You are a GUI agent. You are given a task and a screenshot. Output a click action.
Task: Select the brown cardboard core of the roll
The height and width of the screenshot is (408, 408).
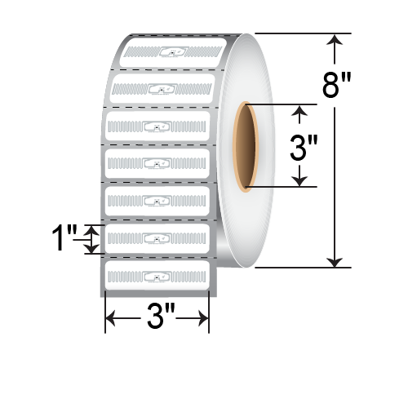click(246, 146)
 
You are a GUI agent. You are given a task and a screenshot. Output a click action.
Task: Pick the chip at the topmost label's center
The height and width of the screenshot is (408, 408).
click(173, 53)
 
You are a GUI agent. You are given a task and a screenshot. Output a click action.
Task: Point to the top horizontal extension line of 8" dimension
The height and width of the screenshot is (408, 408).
click(302, 33)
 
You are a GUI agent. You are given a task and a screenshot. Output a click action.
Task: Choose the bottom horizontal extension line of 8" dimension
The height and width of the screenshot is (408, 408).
click(302, 267)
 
